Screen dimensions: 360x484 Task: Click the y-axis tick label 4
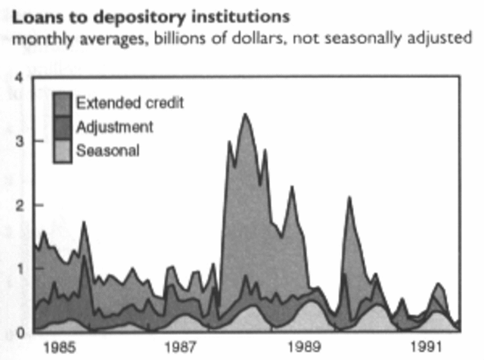coord(20,76)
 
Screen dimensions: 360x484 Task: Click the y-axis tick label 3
coord(20,141)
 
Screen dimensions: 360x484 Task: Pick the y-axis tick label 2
coord(20,205)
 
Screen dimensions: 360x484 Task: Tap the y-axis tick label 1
coord(20,268)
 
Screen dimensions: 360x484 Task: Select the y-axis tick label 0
coord(20,331)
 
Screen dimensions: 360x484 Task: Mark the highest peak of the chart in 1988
coord(244,114)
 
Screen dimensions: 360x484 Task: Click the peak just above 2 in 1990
coord(349,197)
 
